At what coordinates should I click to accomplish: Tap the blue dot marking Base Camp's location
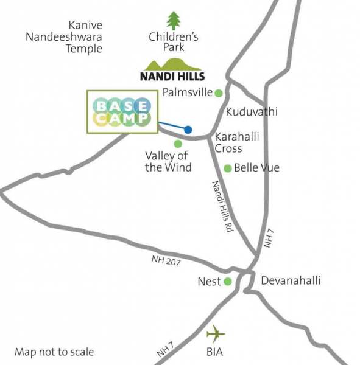coord(188,130)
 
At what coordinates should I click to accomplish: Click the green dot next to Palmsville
coord(218,92)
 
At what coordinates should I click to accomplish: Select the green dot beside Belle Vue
coord(228,168)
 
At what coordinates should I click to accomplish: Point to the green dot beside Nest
coord(228,282)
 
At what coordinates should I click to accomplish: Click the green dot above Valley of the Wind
coord(178,144)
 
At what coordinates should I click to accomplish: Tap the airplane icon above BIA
coord(215,334)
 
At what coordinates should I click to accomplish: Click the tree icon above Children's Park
coord(174,21)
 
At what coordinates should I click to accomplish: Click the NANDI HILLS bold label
coord(173,77)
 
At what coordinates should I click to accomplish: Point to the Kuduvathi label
coord(252,112)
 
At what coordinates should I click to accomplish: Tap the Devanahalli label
coord(291,281)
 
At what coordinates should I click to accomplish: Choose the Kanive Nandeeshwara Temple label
coord(63,37)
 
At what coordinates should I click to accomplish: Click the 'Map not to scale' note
coord(54,352)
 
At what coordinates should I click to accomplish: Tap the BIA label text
coord(214,352)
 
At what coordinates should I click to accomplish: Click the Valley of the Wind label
coord(168,162)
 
